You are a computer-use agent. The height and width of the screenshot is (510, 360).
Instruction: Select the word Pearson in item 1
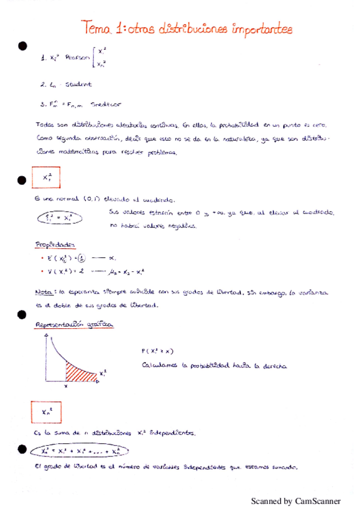(76, 58)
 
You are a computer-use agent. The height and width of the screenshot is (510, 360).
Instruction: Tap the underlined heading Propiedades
(54, 245)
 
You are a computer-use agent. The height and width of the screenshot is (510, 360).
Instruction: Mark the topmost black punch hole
(23, 45)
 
